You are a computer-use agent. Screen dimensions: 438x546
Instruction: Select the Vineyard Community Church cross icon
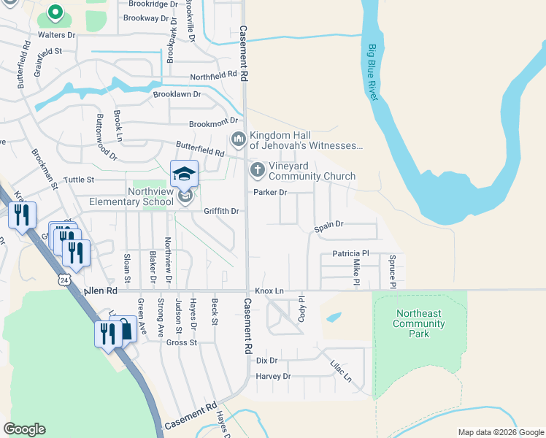257,171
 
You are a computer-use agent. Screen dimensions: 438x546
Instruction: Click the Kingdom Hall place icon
238,139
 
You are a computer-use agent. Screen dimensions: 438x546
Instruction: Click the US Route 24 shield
65,280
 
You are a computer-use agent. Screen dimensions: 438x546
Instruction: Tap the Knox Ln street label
269,291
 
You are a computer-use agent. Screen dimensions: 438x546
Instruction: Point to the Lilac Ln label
340,369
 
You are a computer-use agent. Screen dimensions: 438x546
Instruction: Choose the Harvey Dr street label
273,377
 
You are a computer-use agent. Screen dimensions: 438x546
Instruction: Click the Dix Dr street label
267,361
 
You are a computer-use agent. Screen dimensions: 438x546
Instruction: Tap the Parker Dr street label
270,193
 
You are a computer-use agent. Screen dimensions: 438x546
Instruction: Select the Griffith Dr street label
222,211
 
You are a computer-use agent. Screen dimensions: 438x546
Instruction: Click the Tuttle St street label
80,179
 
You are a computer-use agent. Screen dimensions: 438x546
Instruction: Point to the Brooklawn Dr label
177,95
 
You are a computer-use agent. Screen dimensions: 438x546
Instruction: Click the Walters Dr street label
57,34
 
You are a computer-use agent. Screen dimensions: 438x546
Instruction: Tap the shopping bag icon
126,329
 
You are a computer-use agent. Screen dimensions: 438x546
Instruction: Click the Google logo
24,429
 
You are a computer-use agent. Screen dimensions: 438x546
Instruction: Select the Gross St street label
182,342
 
